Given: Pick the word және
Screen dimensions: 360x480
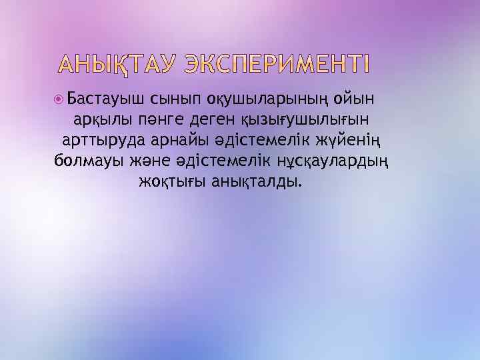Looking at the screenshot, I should (x=151, y=162).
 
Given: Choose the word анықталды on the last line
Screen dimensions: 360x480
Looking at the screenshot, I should (x=256, y=182).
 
